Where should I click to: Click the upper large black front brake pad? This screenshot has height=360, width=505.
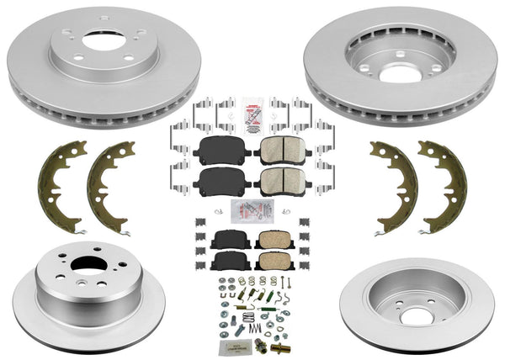[219, 151]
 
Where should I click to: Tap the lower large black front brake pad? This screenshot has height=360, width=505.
[219, 179]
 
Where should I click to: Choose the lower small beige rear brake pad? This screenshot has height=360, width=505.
[270, 262]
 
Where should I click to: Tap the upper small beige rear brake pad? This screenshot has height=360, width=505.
[270, 241]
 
